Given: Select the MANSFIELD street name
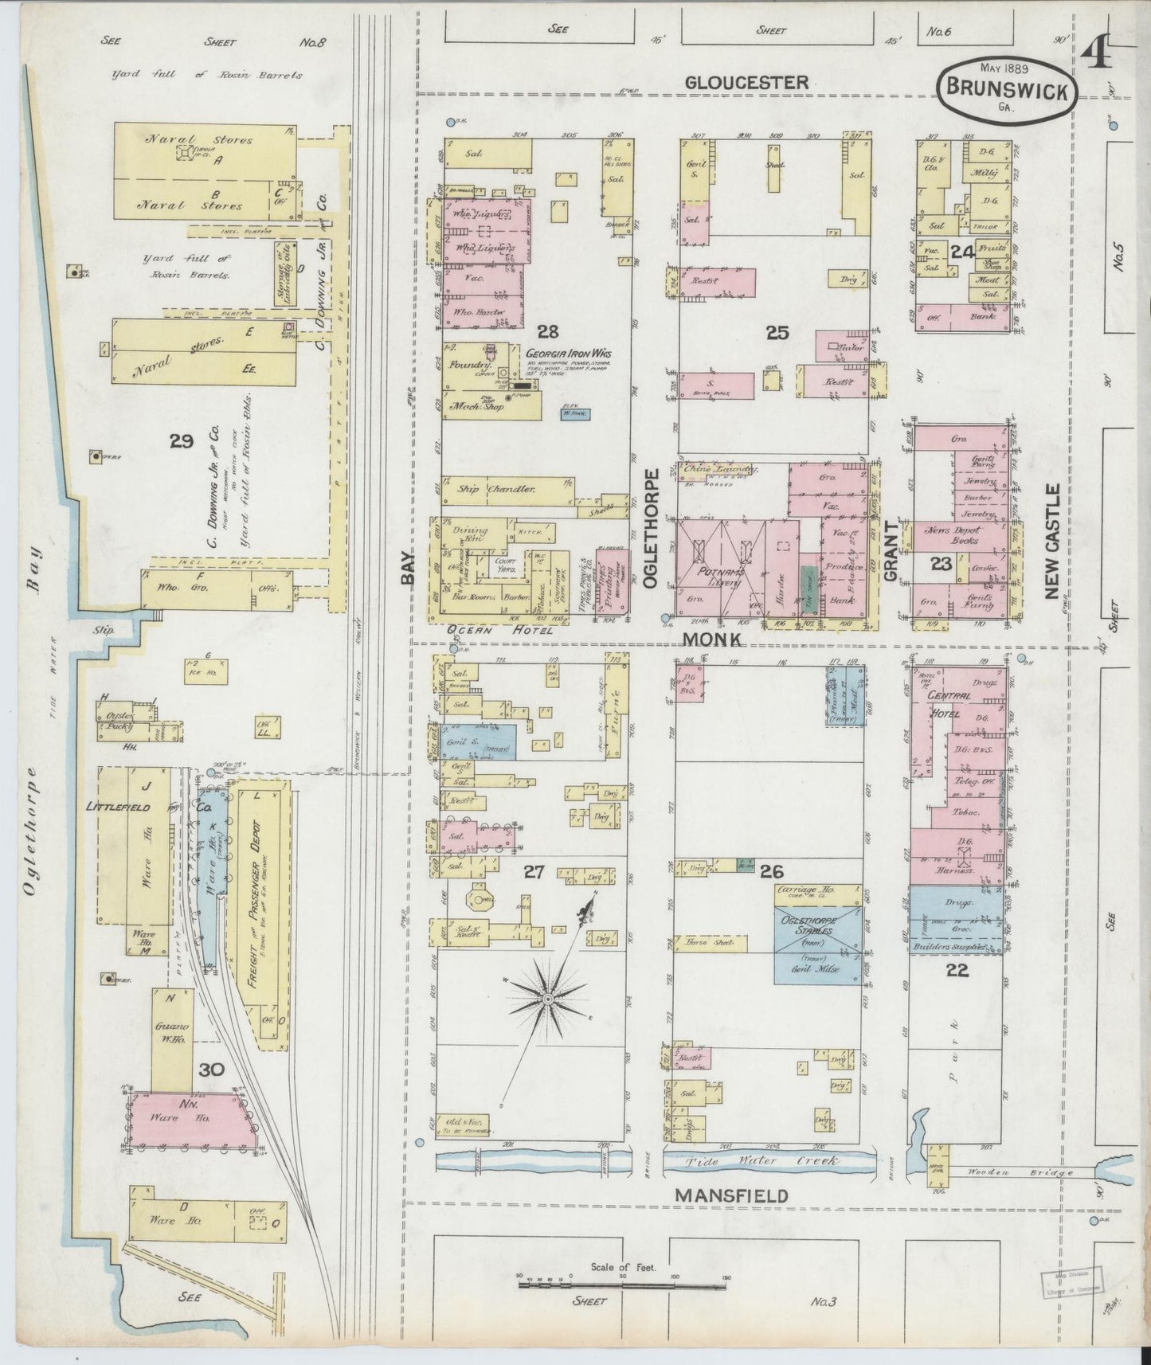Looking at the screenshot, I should click(x=731, y=1195).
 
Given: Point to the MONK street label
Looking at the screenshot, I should click(x=711, y=639).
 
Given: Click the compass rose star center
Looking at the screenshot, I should click(x=548, y=998).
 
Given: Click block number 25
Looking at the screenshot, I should click(x=777, y=333).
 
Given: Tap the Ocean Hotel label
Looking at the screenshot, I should click(x=489, y=631).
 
